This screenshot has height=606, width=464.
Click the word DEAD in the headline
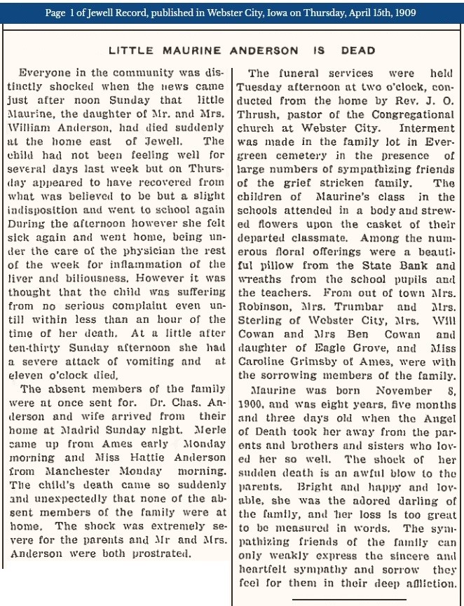click(358, 50)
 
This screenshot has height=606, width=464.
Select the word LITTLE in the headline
click(130, 50)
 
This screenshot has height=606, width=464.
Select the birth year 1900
click(251, 404)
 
